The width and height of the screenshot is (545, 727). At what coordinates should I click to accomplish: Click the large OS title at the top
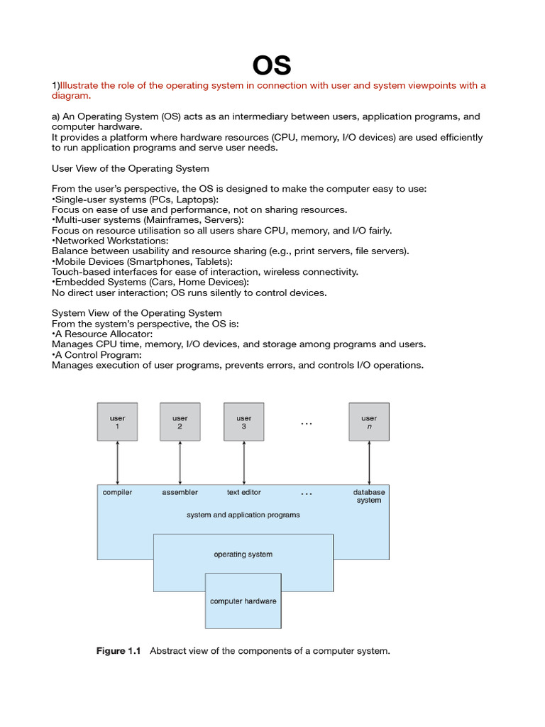272,65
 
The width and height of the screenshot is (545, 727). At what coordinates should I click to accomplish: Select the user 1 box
117,422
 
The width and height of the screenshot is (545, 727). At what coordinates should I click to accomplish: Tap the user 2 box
180,422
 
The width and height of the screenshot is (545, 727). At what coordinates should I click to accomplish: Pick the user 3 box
243,422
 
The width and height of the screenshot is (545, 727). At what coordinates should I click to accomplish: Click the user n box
369,422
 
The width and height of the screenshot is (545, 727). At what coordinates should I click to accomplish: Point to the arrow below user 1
117,463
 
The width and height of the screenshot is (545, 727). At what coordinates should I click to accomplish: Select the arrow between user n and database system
369,463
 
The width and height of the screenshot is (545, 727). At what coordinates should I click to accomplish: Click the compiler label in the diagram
117,492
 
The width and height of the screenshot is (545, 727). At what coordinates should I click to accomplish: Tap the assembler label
180,492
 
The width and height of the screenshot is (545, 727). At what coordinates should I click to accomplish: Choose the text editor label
243,492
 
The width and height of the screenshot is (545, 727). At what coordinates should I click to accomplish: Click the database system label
369,496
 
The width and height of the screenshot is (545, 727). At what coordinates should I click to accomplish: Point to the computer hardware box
243,601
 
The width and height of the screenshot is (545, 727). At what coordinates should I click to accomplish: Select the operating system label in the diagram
243,554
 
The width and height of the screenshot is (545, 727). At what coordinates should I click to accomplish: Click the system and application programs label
243,515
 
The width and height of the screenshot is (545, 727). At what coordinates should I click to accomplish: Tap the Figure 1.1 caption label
119,651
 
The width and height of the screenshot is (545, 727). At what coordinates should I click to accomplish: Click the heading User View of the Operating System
131,168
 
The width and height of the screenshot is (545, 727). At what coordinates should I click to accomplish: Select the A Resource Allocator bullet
102,334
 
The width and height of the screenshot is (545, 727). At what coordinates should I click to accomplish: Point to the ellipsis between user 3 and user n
306,423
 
